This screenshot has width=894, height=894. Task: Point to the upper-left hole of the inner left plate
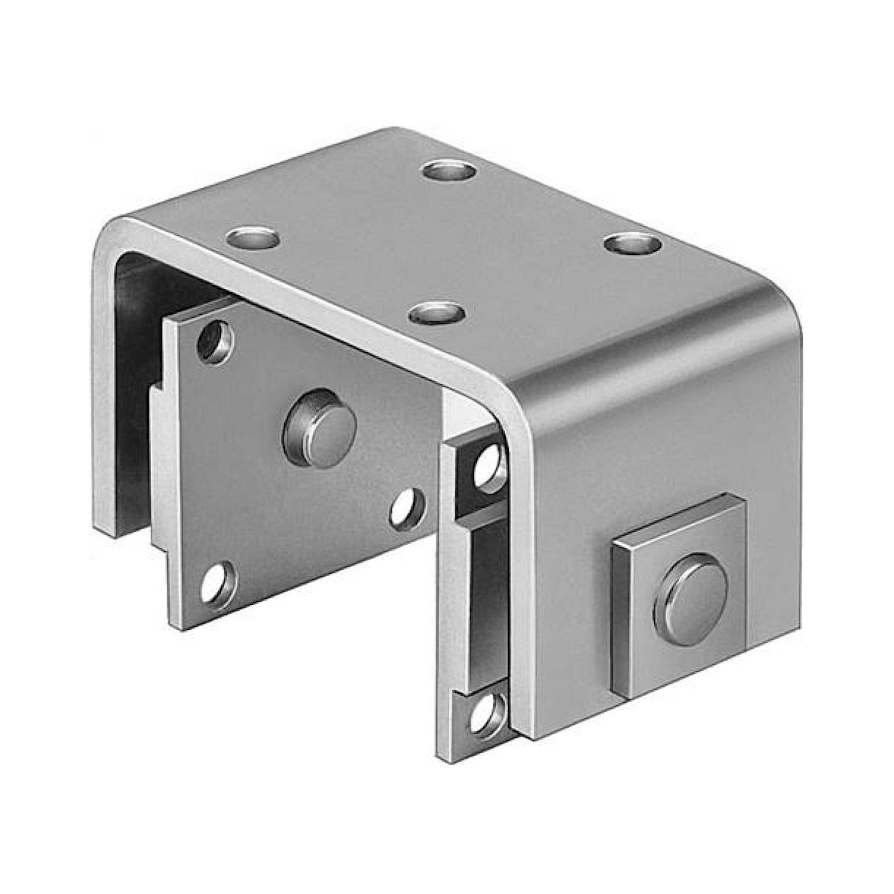(215, 342)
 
